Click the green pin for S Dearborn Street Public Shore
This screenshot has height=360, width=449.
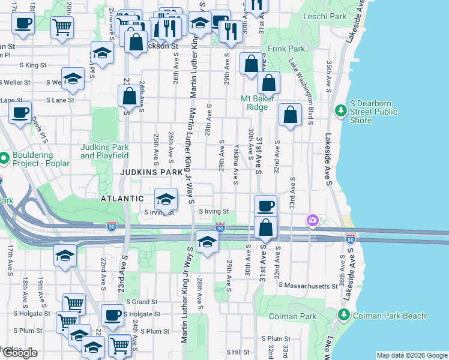click(340, 110)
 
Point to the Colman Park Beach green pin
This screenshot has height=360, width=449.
click(343, 314)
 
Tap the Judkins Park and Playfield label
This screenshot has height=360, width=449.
click(104, 151)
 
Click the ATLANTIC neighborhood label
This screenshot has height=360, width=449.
click(122, 198)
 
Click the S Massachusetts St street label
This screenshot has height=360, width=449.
click(307, 286)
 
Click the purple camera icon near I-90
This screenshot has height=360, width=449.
click(312, 221)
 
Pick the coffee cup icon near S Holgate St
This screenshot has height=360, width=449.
click(112, 315)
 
